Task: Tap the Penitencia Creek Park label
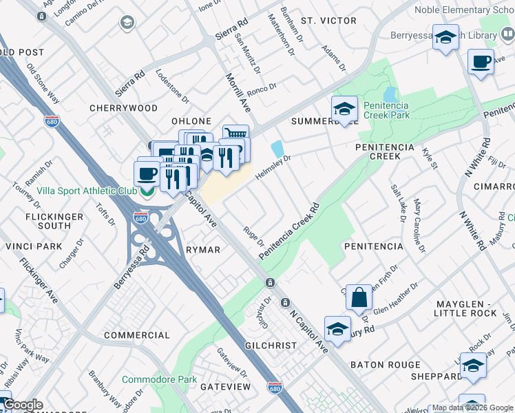pyautogui.click(x=386, y=110)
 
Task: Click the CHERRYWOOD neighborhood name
pyautogui.click(x=123, y=108)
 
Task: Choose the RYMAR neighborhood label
pyautogui.click(x=203, y=250)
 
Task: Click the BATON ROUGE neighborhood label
pyautogui.click(x=385, y=365)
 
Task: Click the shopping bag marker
pyautogui.click(x=359, y=298)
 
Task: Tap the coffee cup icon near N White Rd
pyautogui.click(x=481, y=61)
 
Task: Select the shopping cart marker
pyautogui.click(x=235, y=134)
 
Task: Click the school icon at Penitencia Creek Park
pyautogui.click(x=344, y=109)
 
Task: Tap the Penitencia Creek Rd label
pyautogui.click(x=289, y=231)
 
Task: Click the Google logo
pyautogui.click(x=23, y=405)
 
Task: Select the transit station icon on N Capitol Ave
pyautogui.click(x=271, y=283)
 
